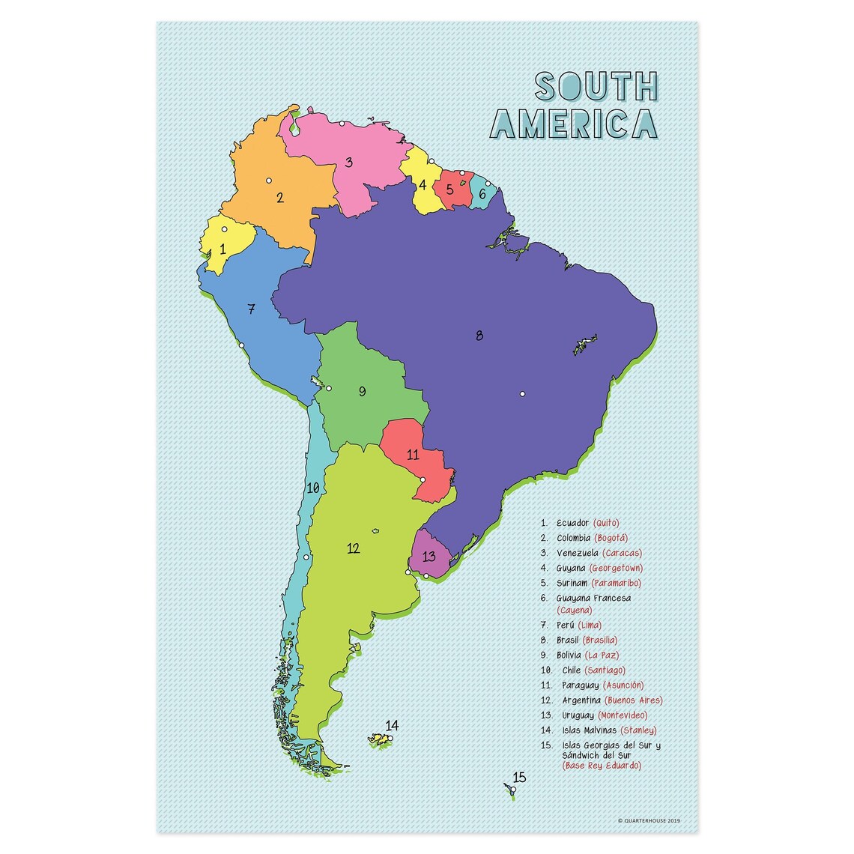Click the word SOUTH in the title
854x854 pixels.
tap(596, 87)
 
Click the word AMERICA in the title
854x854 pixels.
tap(574, 124)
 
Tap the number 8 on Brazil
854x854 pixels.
tap(479, 335)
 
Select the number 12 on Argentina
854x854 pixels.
tap(353, 548)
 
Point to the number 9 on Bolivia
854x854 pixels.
tap(362, 391)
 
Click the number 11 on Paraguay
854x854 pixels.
tap(413, 455)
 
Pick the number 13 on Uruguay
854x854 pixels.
tap(429, 556)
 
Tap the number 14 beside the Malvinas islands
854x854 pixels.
tap(393, 725)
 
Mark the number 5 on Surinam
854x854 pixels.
tap(449, 189)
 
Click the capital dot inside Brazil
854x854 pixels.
tap(523, 394)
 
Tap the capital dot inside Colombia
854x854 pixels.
tap(267, 180)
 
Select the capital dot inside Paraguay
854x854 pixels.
tap(423, 479)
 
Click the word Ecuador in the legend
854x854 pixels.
tap(573, 523)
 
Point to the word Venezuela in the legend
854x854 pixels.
tap(578, 553)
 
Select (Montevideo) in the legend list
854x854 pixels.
tap(623, 715)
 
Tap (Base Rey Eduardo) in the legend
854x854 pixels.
tap(602, 766)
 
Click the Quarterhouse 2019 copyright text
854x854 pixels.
tap(649, 820)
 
